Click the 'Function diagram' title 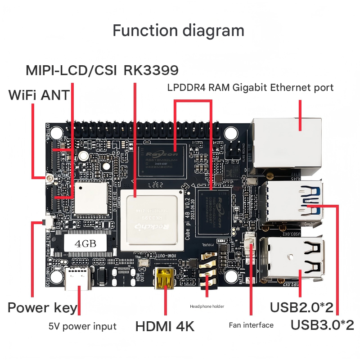[178, 31]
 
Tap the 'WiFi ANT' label [39, 95]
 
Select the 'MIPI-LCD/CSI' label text [71, 70]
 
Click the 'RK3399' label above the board [151, 70]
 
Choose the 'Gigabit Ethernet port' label [283, 87]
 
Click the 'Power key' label [43, 308]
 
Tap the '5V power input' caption [82, 326]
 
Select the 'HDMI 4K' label [165, 326]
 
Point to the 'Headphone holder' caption [207, 306]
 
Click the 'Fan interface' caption [251, 325]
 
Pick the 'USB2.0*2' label [301, 308]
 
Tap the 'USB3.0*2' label [322, 324]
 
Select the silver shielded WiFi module [91, 198]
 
